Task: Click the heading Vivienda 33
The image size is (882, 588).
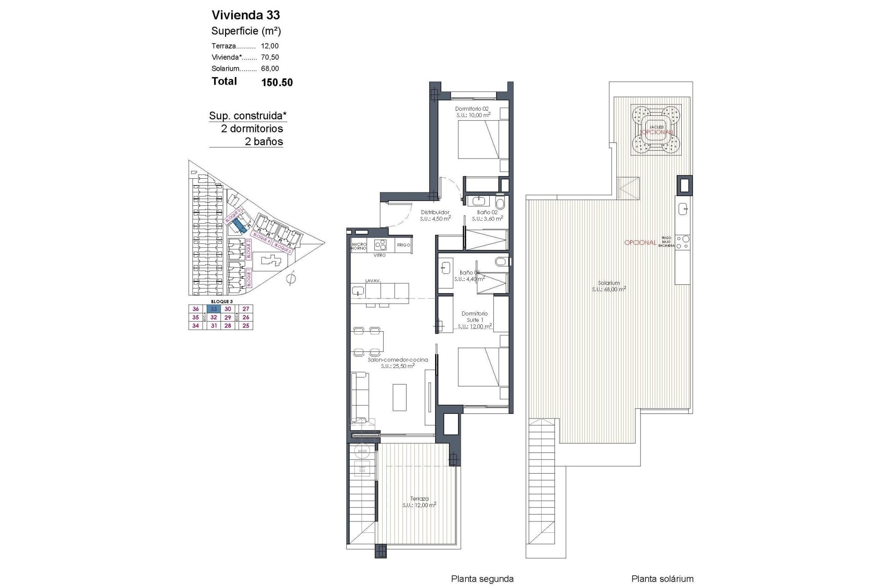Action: [x=245, y=15]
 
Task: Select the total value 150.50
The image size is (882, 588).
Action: [x=277, y=83]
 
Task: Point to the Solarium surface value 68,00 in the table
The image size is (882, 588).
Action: [x=270, y=68]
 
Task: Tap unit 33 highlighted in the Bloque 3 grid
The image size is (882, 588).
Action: [x=214, y=309]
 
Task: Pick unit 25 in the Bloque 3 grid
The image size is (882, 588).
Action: [x=246, y=326]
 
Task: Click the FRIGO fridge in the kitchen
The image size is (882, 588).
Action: [x=403, y=245]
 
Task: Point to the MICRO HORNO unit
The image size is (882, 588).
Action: [x=359, y=246]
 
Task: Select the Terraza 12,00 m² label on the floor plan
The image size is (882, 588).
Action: [x=419, y=502]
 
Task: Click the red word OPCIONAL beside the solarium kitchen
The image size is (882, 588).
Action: [x=640, y=243]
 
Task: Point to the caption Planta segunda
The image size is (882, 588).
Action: [x=482, y=579]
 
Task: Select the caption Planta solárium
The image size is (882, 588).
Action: [x=662, y=579]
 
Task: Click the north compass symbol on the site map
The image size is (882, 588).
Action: [x=290, y=278]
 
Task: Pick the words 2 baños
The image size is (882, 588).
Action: [x=264, y=141]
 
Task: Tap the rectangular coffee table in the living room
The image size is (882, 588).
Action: [x=399, y=396]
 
